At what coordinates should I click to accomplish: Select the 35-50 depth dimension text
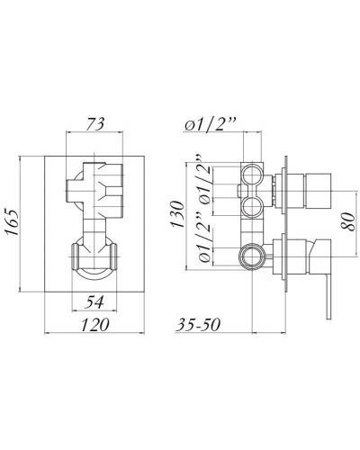pyautogui.click(x=201, y=325)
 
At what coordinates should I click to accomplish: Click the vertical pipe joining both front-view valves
pyautogui.click(x=93, y=225)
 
